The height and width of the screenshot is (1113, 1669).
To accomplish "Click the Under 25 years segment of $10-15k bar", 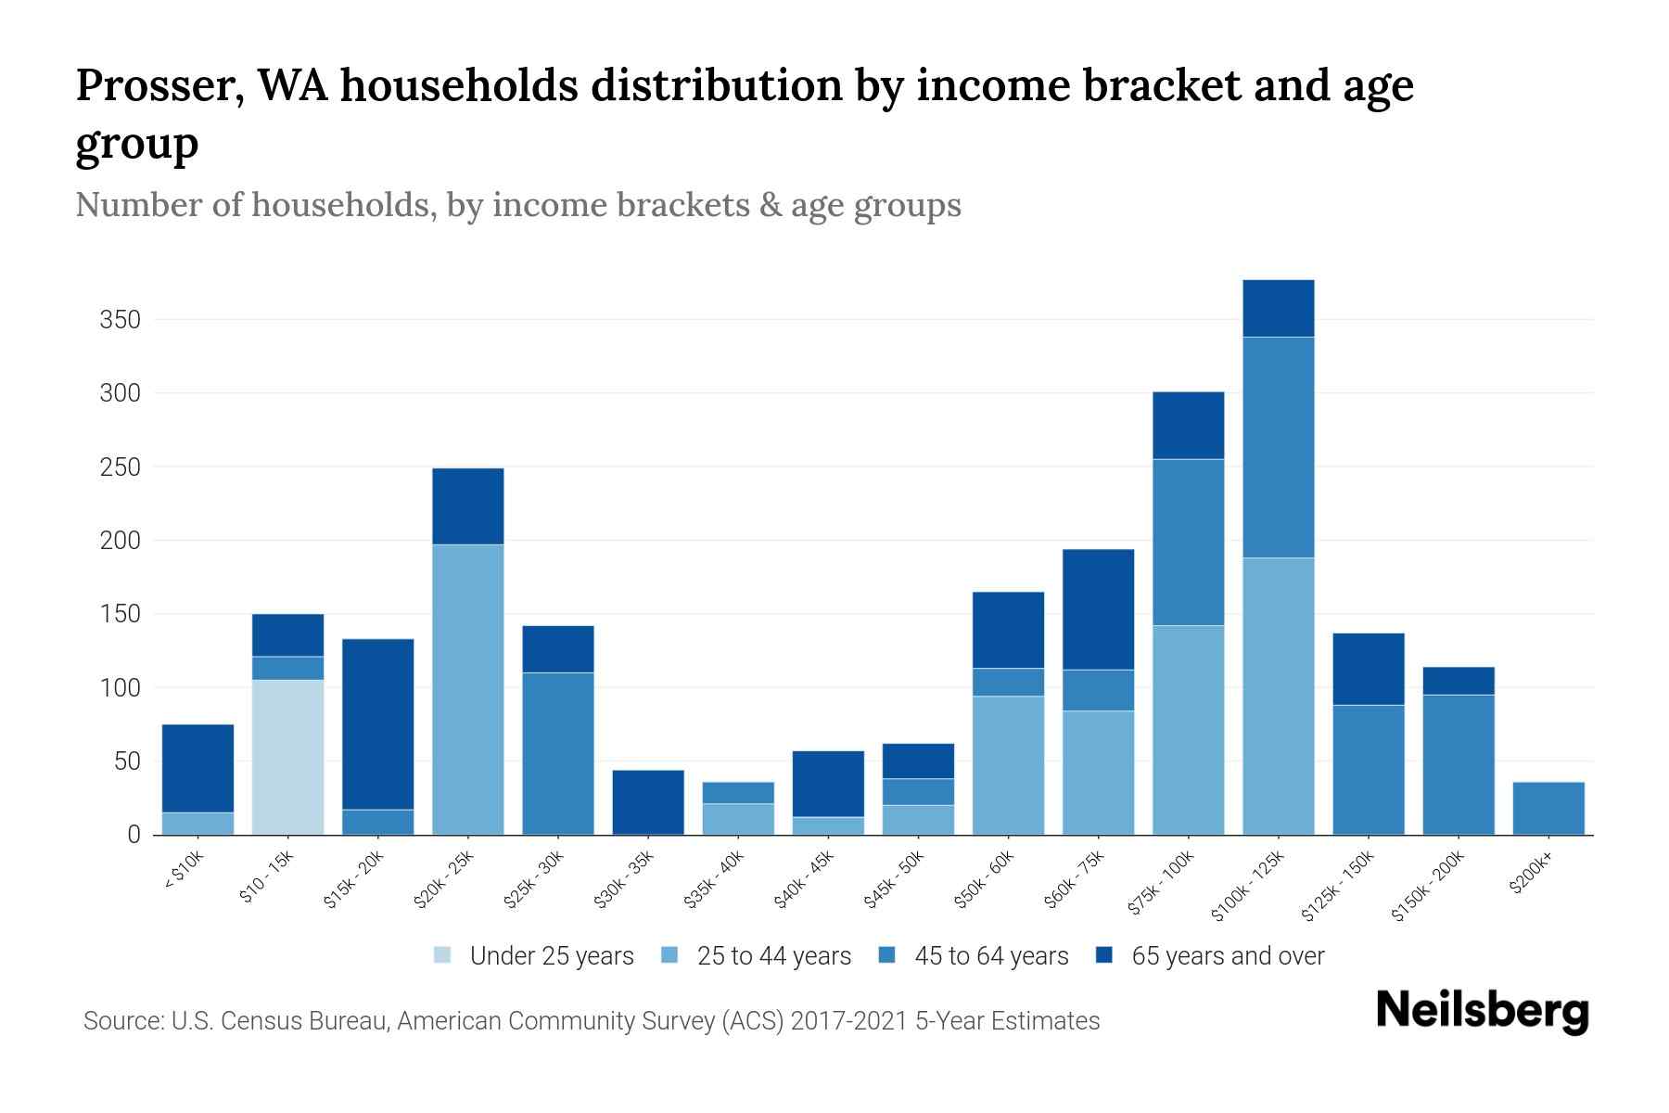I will (287, 757).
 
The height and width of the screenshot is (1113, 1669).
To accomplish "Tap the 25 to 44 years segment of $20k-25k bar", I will (468, 689).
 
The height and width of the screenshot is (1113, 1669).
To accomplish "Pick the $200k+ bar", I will (1548, 809).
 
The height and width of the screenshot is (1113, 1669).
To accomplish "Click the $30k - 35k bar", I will (648, 802).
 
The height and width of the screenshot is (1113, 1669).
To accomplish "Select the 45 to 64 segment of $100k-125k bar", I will (1278, 447).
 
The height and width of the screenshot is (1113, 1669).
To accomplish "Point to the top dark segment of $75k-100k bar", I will (1188, 425).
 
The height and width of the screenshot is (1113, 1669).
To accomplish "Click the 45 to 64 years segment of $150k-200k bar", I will (1459, 764).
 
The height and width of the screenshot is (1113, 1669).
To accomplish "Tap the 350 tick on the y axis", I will (120, 321).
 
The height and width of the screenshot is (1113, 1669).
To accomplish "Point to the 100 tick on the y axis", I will (120, 688).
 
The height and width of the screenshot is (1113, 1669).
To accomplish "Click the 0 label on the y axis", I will (134, 835).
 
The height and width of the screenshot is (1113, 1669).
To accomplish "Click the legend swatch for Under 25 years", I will (443, 955).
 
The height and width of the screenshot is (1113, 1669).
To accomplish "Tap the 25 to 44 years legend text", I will (773, 955).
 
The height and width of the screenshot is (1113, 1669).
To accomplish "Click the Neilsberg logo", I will (1482, 1010).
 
